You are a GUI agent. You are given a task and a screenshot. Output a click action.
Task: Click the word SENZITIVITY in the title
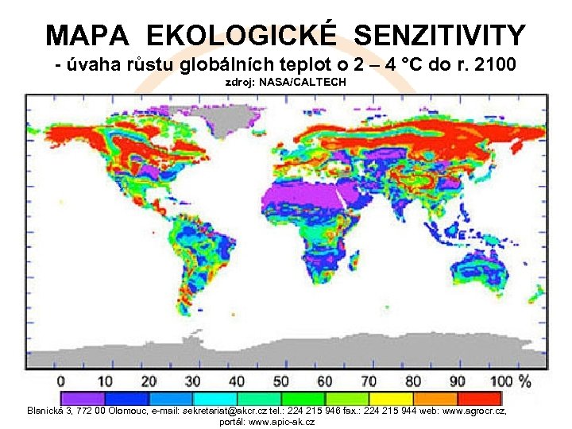[x=439, y=35]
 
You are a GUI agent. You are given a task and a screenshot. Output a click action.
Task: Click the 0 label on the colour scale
[x=61, y=381]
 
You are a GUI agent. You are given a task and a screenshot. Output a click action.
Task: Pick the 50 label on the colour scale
[x=281, y=381]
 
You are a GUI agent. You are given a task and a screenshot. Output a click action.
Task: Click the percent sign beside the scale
[x=524, y=381]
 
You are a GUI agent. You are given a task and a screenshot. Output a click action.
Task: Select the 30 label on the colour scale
[x=193, y=381]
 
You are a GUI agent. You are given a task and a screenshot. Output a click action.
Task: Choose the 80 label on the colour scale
[x=413, y=381]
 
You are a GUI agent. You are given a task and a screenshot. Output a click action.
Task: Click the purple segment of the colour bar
[x=83, y=398]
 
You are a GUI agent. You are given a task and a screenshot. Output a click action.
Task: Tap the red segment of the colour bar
[x=479, y=398]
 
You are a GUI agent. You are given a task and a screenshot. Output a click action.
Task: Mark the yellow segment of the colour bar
[x=391, y=398]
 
